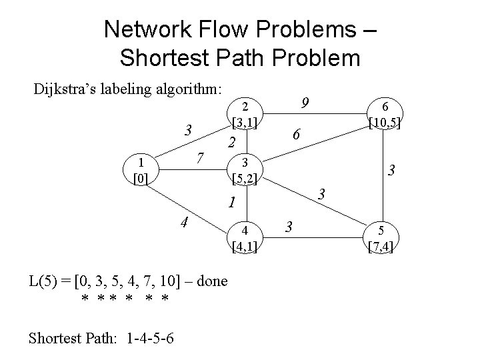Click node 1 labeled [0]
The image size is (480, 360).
141,171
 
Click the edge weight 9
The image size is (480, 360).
304,103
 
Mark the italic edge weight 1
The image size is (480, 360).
230,202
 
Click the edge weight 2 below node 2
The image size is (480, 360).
231,143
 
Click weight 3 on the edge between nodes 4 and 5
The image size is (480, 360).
289,226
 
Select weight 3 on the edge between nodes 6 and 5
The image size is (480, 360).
393,171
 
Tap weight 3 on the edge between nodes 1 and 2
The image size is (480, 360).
189,129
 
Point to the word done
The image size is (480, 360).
212,281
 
